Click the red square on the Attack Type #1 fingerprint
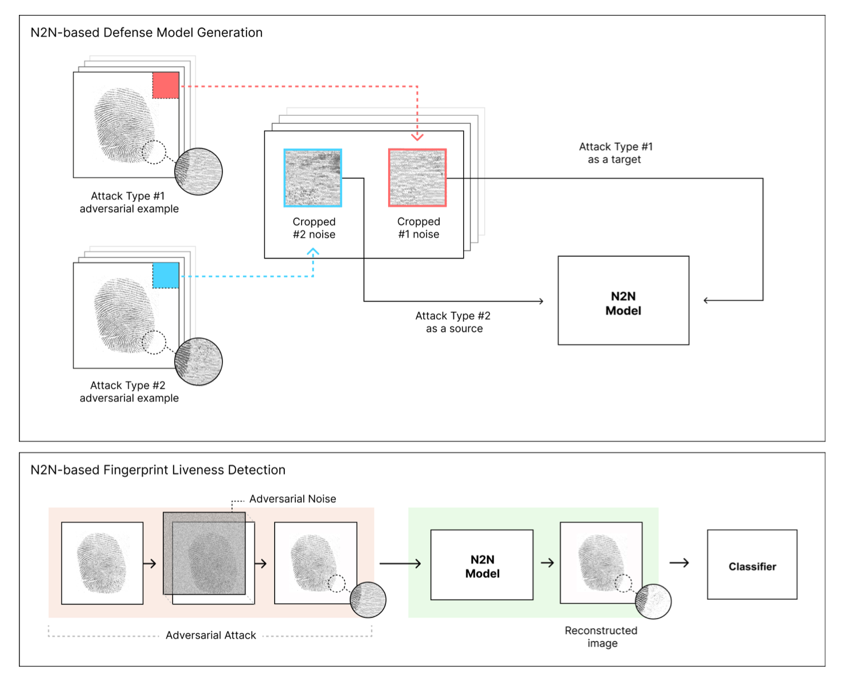pos(166,85)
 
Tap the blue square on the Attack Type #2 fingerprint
pos(166,275)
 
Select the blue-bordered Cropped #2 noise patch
pos(313,178)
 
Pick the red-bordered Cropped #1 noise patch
pos(417,178)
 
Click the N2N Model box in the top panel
pos(623,300)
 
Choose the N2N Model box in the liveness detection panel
pos(482,565)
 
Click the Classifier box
pos(752,565)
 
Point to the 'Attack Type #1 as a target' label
pos(615,153)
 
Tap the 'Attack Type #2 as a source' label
pos(453,322)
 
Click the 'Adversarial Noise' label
pos(292,499)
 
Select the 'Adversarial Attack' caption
pos(210,635)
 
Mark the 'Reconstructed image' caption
pos(601,636)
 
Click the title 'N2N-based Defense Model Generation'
pos(146,33)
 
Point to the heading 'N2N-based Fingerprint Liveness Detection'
pos(158,470)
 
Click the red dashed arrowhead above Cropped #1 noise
pos(417,137)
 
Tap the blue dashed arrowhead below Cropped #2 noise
pos(313,252)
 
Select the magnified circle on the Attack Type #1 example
pos(198,171)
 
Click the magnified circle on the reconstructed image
pos(653,601)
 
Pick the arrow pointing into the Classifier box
pos(679,563)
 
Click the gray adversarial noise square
pos(204,553)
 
